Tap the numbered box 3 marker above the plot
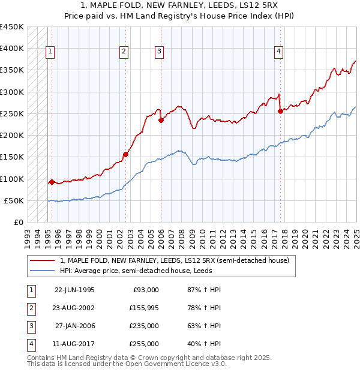[x=159, y=52]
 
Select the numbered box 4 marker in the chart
[x=279, y=52]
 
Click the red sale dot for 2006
[x=161, y=120]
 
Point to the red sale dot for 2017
[x=280, y=111]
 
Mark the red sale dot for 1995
[x=52, y=181]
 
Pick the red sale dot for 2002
[x=125, y=154]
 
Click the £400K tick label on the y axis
[x=12, y=49]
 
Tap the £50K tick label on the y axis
[x=14, y=200]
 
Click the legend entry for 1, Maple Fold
[x=175, y=260]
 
